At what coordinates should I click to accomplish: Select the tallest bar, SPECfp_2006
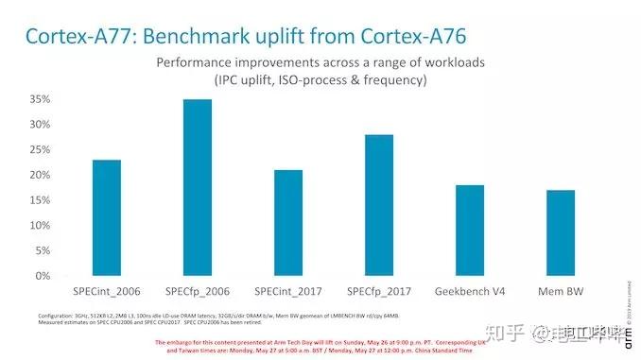pyautogui.click(x=198, y=188)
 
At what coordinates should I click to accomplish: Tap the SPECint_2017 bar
pyautogui.click(x=288, y=223)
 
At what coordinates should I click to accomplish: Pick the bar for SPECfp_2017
pyautogui.click(x=379, y=205)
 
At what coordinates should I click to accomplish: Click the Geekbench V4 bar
pyautogui.click(x=470, y=231)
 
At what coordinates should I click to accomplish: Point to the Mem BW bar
pyautogui.click(x=561, y=233)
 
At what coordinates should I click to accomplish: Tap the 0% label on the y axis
pyautogui.click(x=41, y=276)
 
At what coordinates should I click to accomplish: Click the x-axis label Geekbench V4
pyautogui.click(x=470, y=289)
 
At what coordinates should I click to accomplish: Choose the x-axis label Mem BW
pyautogui.click(x=561, y=289)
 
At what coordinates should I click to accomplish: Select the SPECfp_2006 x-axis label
pyautogui.click(x=198, y=289)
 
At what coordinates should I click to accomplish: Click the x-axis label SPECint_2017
pyautogui.click(x=288, y=289)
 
